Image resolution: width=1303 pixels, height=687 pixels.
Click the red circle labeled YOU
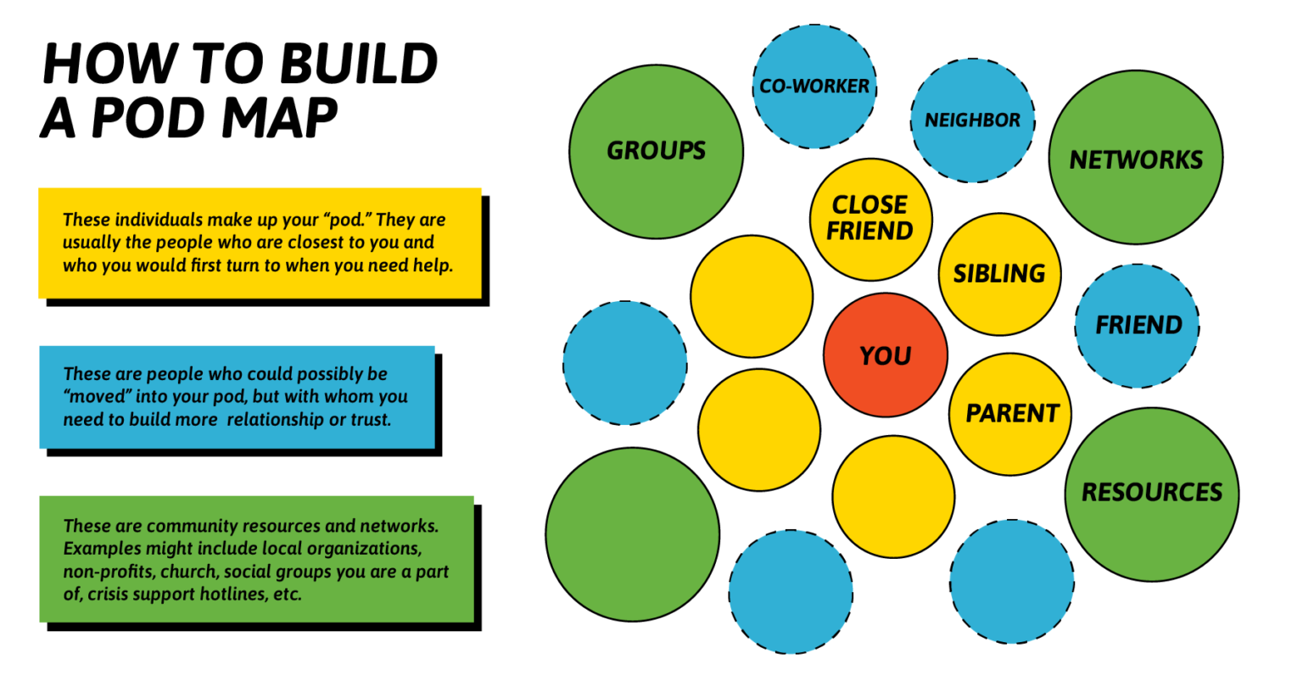click(x=885, y=355)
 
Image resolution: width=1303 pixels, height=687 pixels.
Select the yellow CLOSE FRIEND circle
click(x=870, y=219)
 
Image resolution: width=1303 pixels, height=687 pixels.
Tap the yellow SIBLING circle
click(x=999, y=274)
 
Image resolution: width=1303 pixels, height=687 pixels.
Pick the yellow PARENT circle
click(x=1010, y=414)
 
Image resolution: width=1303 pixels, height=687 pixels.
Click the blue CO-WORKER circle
click(x=814, y=87)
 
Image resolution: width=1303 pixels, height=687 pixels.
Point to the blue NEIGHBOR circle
click(x=972, y=120)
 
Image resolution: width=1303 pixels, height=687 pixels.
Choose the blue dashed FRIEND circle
click(x=1138, y=326)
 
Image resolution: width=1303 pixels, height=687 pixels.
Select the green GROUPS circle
click(x=656, y=152)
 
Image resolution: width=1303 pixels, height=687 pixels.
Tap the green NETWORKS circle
click(x=1135, y=159)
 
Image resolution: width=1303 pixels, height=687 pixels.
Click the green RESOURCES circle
click(x=1151, y=493)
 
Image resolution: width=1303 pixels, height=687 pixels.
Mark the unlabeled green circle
click(x=632, y=534)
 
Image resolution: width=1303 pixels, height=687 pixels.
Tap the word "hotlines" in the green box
click(x=229, y=594)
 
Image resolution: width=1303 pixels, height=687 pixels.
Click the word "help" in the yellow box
click(x=435, y=265)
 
